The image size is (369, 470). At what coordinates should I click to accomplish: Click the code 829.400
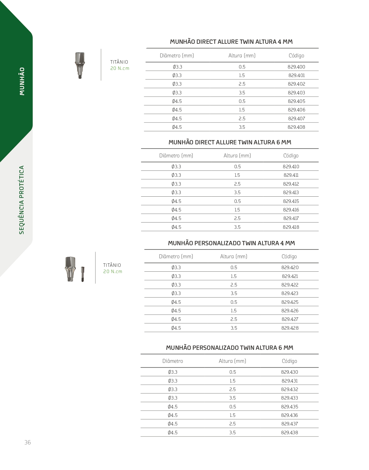click(x=296, y=67)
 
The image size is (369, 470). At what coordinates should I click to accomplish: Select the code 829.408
click(x=296, y=127)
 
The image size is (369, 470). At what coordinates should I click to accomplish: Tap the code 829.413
click(x=291, y=192)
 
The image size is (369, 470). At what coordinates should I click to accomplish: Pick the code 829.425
click(x=290, y=302)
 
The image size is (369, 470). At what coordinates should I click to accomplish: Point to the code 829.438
click(x=290, y=432)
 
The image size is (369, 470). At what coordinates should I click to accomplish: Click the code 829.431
click(x=290, y=381)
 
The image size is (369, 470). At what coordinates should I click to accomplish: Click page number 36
click(x=28, y=442)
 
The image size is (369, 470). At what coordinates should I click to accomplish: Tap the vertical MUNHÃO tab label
click(x=22, y=81)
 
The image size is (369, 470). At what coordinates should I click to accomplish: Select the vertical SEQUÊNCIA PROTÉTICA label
click(x=22, y=200)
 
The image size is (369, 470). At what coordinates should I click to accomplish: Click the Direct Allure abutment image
click(x=80, y=65)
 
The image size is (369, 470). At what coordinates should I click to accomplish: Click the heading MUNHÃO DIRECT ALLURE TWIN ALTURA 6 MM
click(x=230, y=142)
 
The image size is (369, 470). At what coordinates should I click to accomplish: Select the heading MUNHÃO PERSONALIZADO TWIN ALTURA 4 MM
click(x=231, y=243)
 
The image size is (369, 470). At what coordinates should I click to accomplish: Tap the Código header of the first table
click(x=296, y=56)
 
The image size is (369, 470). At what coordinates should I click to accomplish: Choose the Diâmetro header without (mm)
click(x=173, y=361)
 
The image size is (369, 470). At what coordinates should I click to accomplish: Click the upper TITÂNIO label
click(x=119, y=62)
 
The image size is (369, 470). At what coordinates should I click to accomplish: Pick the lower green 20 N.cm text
click(x=113, y=271)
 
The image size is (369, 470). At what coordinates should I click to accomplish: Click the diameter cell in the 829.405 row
click(x=177, y=101)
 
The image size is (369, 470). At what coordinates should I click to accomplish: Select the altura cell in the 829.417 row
click(x=237, y=218)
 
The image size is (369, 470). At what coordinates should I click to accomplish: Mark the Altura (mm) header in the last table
click(x=232, y=361)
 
